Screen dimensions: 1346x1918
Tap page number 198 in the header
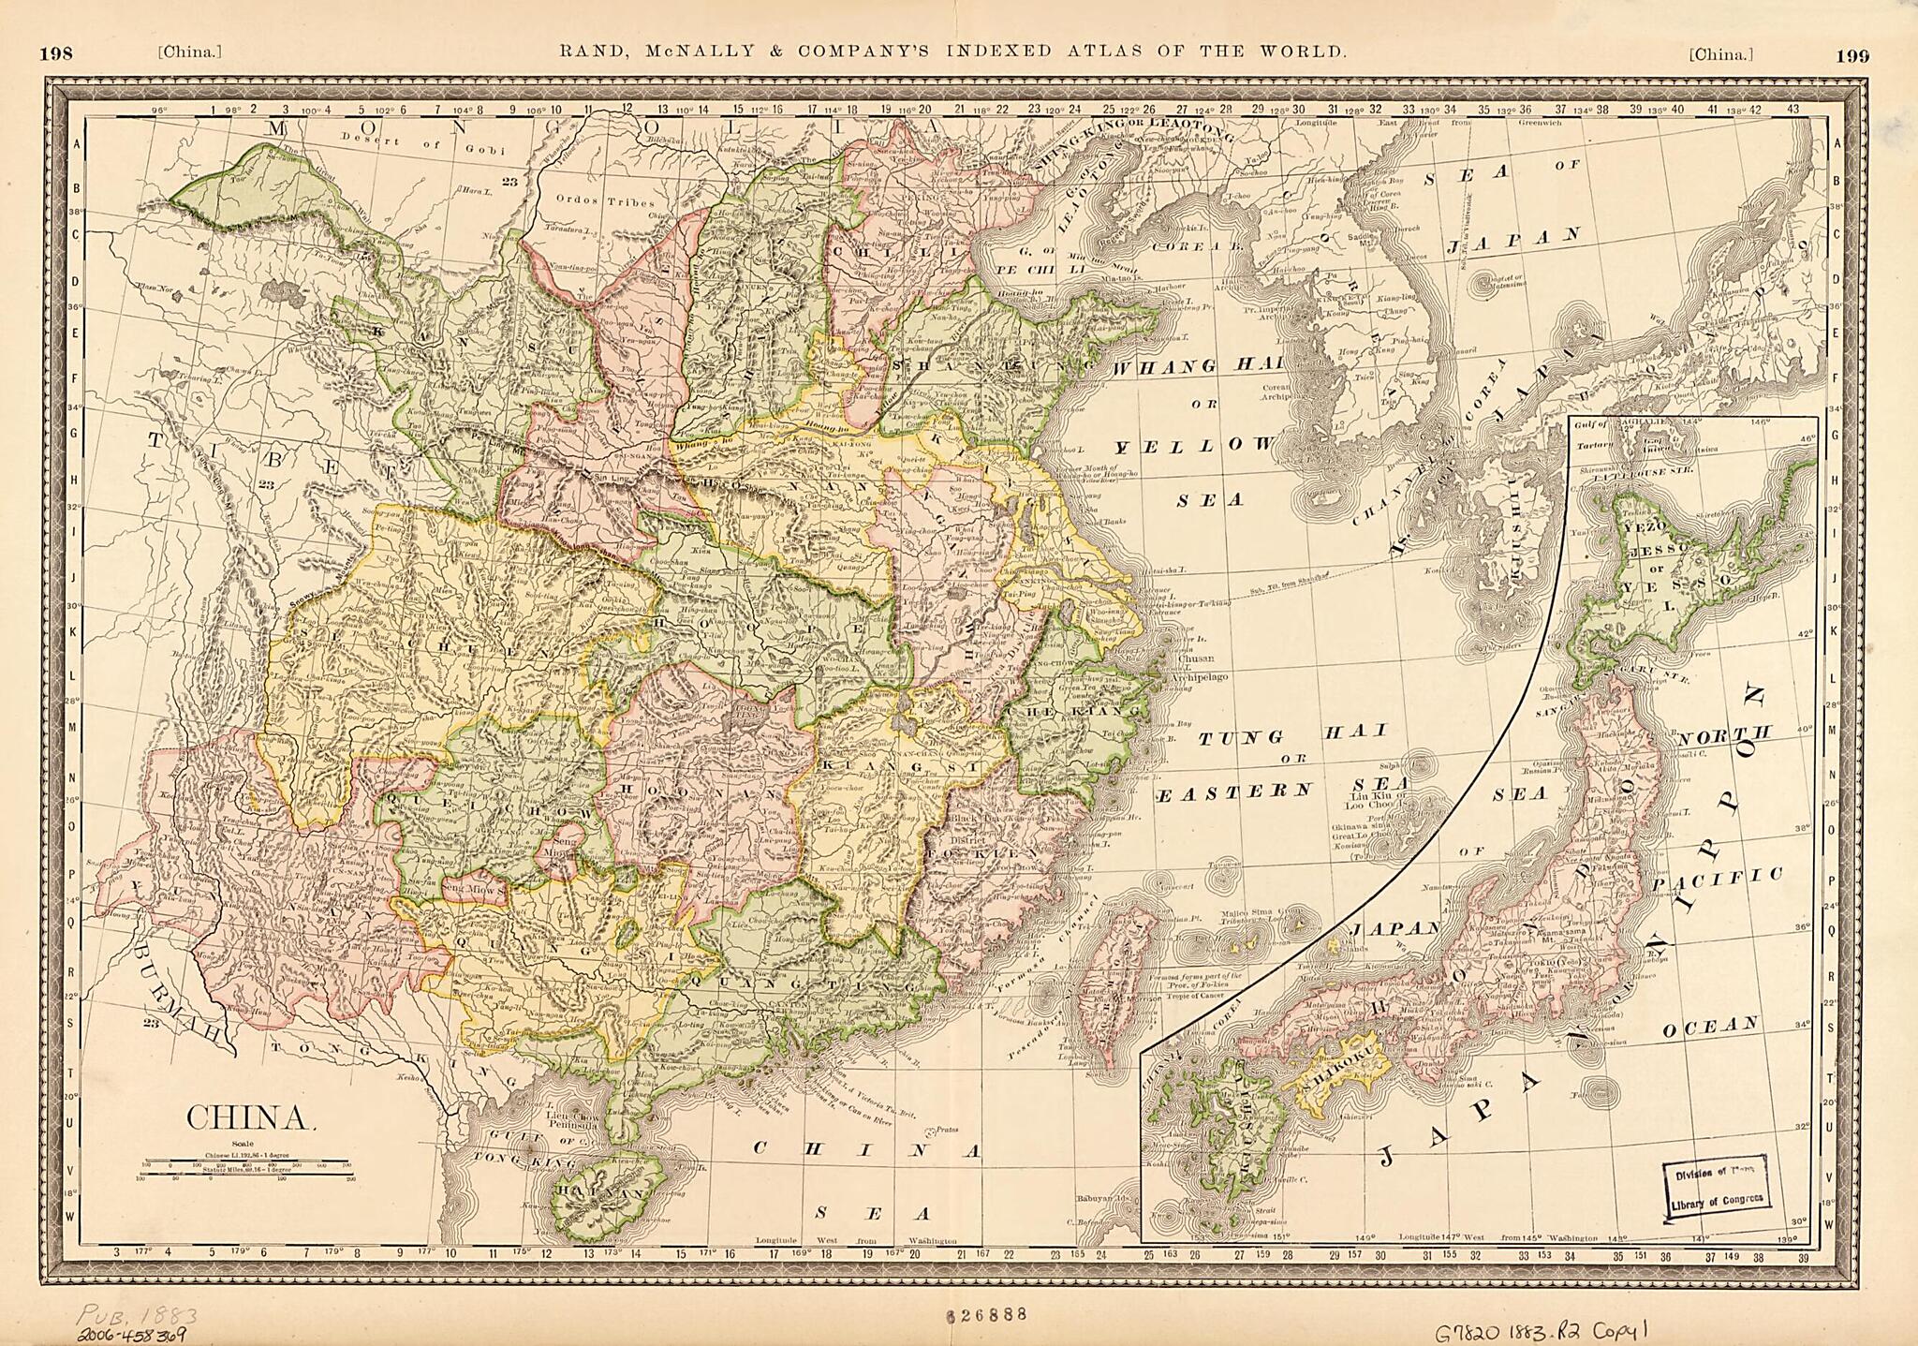(56, 54)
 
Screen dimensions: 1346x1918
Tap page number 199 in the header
(1852, 54)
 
